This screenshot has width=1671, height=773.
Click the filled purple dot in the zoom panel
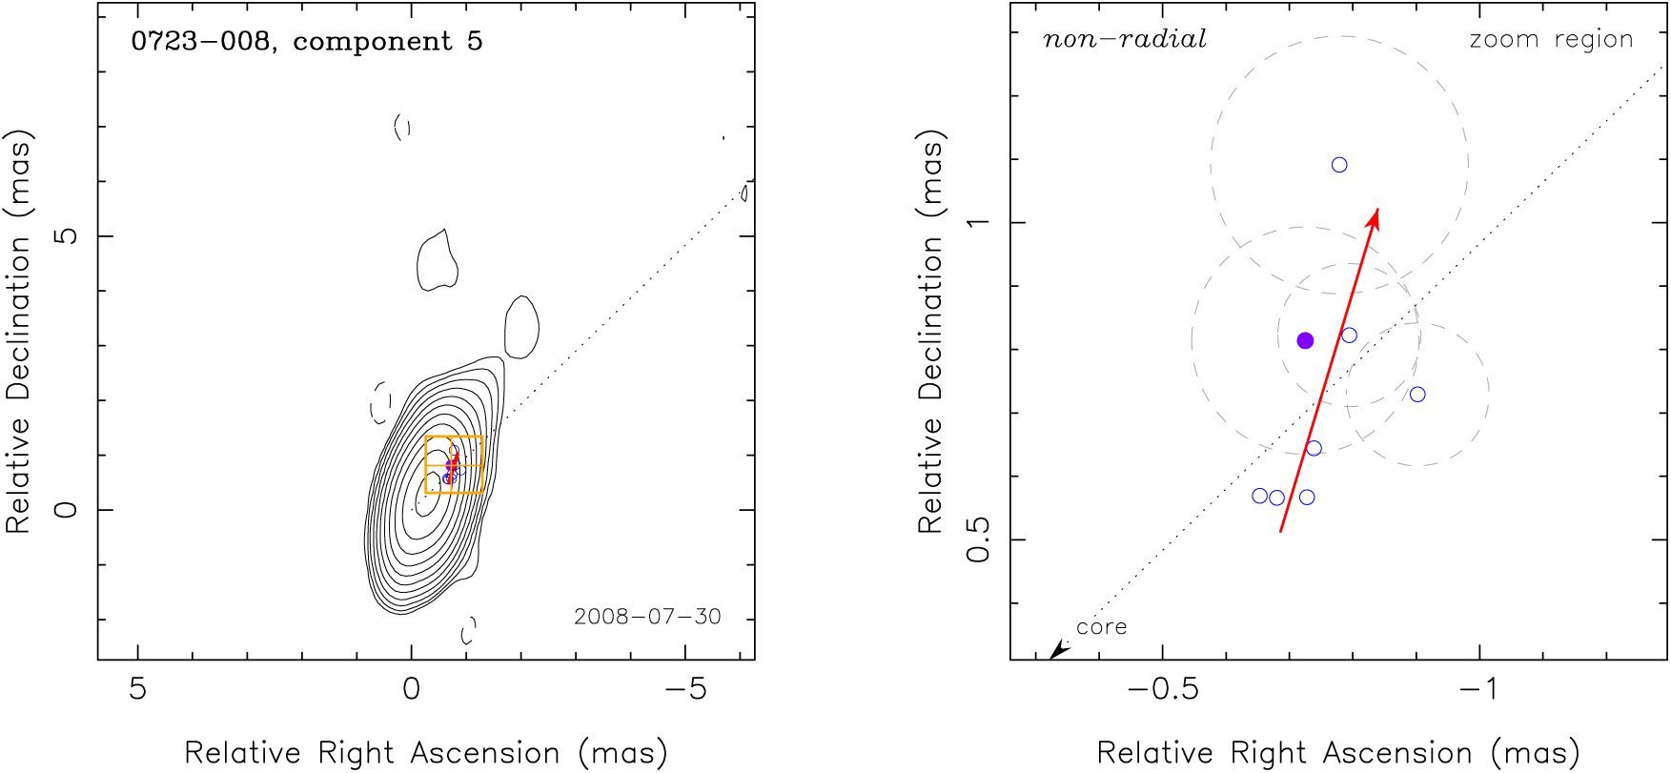pyautogui.click(x=1305, y=340)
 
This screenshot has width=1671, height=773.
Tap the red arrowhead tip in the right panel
pyautogui.click(x=1376, y=211)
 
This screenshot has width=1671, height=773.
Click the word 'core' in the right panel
pyautogui.click(x=1101, y=627)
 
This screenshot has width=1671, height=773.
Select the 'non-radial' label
pyautogui.click(x=1124, y=39)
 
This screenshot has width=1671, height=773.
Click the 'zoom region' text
pyautogui.click(x=1551, y=39)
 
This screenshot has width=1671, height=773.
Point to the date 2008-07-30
pyautogui.click(x=647, y=617)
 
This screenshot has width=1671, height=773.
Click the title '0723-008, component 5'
pyautogui.click(x=307, y=41)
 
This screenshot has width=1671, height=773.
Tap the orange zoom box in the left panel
pyautogui.click(x=454, y=465)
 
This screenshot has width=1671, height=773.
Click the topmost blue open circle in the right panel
pyautogui.click(x=1339, y=165)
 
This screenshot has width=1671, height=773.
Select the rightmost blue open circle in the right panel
pyautogui.click(x=1417, y=395)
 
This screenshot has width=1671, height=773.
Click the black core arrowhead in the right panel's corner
pyautogui.click(x=1056, y=651)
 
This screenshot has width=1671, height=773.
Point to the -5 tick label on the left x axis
pyautogui.click(x=684, y=689)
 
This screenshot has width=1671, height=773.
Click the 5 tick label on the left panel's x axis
pyautogui.click(x=138, y=689)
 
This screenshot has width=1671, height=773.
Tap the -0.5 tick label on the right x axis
pyautogui.click(x=1162, y=689)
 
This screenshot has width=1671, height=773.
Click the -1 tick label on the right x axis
pyautogui.click(x=1479, y=689)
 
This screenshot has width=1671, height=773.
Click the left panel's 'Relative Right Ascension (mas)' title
pyautogui.click(x=425, y=753)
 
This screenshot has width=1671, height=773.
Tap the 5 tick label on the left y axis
pyautogui.click(x=67, y=234)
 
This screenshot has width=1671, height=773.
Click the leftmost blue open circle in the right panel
pyautogui.click(x=1259, y=496)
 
